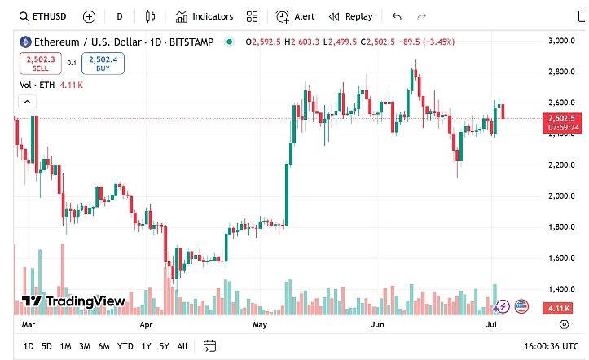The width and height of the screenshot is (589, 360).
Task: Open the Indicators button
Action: [204, 16]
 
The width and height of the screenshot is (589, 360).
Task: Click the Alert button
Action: [296, 16]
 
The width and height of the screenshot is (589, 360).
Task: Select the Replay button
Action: [351, 16]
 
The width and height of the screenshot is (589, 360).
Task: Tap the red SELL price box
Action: [41, 63]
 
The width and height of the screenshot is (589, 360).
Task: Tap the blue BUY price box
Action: [103, 63]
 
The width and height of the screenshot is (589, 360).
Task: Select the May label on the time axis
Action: [260, 324]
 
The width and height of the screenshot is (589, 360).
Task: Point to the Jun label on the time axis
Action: [377, 324]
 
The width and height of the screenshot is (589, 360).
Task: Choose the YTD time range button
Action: [125, 346]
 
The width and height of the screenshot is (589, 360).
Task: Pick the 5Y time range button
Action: [165, 346]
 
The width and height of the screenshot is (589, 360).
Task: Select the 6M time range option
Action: [103, 346]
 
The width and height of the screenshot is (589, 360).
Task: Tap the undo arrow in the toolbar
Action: [397, 16]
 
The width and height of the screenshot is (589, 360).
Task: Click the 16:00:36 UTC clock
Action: [551, 346]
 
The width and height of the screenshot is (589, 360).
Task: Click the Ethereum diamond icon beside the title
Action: [24, 42]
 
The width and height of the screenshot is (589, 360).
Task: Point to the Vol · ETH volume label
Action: [37, 84]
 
